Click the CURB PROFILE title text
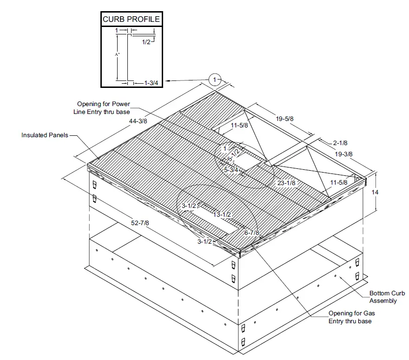point(131,20)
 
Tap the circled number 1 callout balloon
point(214,80)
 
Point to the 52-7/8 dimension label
point(139,223)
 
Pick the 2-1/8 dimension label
point(340,142)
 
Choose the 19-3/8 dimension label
point(343,154)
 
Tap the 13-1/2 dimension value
point(222,214)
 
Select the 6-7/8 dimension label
point(251,232)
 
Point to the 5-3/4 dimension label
point(231,170)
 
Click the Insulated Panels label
point(45,135)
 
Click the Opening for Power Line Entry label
point(103,107)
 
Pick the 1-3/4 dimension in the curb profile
point(148,83)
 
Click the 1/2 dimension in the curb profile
point(146,42)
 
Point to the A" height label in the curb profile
point(118,54)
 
